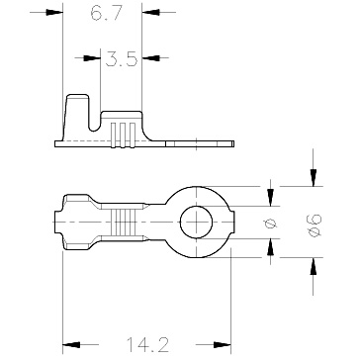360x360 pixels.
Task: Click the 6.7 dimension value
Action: point(107,13)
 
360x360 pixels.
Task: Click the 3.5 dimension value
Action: point(121,58)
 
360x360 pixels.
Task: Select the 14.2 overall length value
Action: point(147,344)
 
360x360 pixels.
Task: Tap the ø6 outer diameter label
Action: point(315,225)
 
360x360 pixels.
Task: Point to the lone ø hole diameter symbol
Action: point(271,225)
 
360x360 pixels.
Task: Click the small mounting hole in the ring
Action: point(196,223)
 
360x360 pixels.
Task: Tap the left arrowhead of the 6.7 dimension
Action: point(54,13)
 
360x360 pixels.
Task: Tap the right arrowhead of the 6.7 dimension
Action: point(150,13)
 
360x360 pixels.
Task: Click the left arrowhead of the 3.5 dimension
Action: point(92,58)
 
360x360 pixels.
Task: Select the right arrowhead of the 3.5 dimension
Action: point(150,58)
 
